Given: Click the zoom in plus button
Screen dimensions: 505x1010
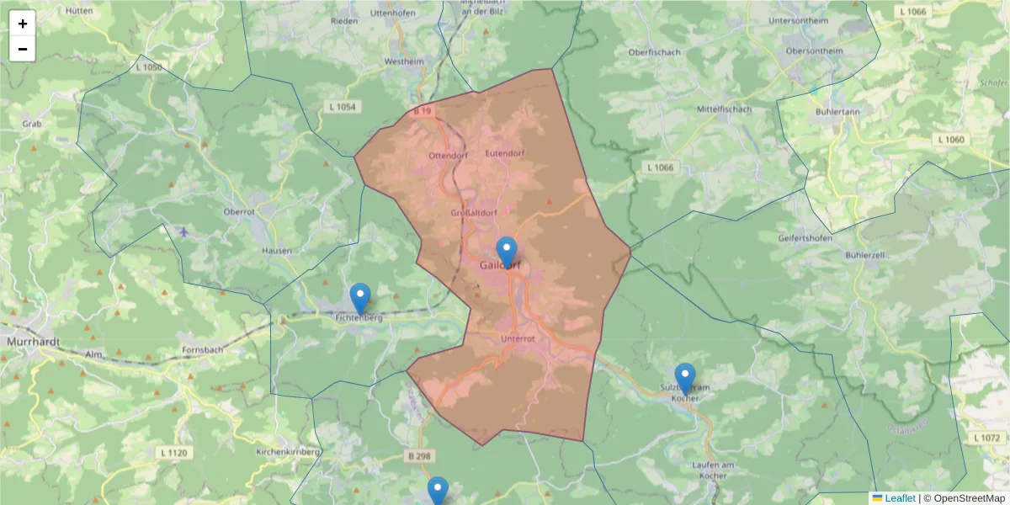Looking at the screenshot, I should point(23,24).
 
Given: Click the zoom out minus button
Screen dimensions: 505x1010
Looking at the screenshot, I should point(23,49).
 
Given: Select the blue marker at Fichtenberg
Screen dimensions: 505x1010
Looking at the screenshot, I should point(360,298).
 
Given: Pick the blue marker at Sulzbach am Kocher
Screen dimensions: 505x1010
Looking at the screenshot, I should point(685,378).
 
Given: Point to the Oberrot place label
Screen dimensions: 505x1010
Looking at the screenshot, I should point(239,212).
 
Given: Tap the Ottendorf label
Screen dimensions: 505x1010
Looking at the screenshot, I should point(448,157).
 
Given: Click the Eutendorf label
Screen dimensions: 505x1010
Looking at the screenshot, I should point(506,154).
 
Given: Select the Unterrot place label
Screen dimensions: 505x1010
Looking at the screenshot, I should point(518,339).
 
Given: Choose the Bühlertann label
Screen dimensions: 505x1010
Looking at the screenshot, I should point(837,111).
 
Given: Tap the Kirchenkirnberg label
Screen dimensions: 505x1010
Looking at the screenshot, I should point(288,452).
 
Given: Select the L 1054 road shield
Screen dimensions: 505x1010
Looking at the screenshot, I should point(341,106).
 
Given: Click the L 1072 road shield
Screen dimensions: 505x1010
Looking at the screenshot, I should point(986,438).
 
